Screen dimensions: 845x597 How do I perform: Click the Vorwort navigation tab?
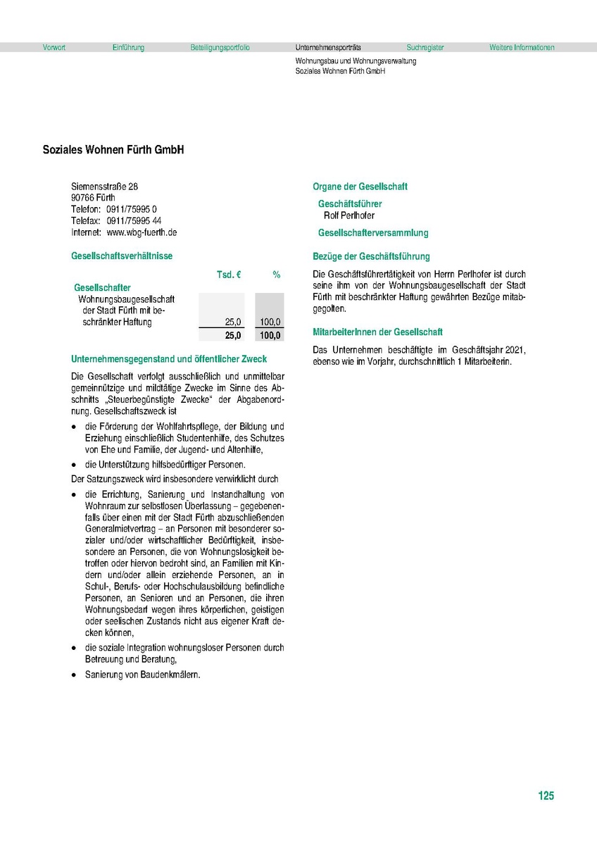[54, 48]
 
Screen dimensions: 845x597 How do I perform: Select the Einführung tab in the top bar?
[128, 48]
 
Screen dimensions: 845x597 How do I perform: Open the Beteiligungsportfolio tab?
[220, 48]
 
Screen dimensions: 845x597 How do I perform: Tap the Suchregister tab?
[425, 48]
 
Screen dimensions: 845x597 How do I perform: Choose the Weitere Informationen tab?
[522, 48]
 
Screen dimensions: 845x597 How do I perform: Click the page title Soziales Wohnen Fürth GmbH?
[113, 150]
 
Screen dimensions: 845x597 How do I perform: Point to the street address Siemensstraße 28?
[105, 187]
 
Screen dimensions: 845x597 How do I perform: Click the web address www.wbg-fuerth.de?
[142, 232]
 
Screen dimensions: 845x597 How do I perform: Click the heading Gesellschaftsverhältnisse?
[122, 256]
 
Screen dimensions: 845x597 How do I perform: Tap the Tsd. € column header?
[229, 275]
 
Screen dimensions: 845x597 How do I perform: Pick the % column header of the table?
[277, 275]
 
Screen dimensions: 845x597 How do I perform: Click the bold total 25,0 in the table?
[233, 335]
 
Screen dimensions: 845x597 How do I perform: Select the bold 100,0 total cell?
[270, 335]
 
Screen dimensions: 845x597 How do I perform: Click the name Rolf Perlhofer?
[349, 215]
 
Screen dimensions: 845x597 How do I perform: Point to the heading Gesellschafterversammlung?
[373, 233]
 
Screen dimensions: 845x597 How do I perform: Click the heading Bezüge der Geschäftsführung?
[371, 256]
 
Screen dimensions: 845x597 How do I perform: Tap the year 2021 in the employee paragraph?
[517, 350]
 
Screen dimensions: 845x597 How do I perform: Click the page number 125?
[546, 796]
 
